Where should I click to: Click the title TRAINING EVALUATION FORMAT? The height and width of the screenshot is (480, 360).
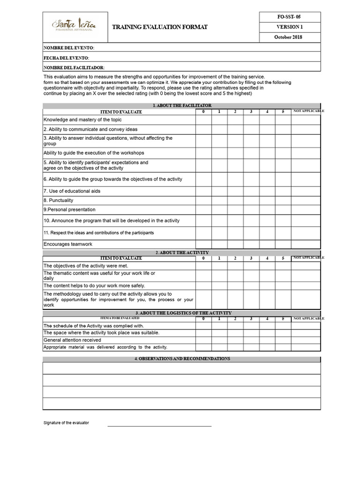pyautogui.click(x=159, y=28)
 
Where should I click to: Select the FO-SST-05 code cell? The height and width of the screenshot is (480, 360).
pyautogui.click(x=289, y=17)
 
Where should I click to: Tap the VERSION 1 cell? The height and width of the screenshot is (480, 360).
pyautogui.click(x=289, y=27)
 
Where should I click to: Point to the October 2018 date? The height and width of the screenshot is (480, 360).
pyautogui.click(x=289, y=37)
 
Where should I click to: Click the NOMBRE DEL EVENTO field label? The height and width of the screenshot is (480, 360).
pyautogui.click(x=69, y=48)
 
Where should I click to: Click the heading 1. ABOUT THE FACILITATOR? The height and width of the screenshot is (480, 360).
pyautogui.click(x=182, y=105)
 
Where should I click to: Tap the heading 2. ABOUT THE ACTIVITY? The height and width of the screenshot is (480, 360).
pyautogui.click(x=182, y=253)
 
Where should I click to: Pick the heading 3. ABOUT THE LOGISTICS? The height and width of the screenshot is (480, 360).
pyautogui.click(x=182, y=313)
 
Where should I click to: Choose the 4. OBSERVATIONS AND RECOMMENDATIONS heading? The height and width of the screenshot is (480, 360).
pyautogui.click(x=182, y=359)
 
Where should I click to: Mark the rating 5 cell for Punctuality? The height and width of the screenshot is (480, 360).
pyautogui.click(x=283, y=200)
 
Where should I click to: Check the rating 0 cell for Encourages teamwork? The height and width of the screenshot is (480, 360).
pyautogui.click(x=203, y=244)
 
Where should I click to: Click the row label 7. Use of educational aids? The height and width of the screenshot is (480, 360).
pyautogui.click(x=72, y=191)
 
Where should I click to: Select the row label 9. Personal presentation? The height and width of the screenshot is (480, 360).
pyautogui.click(x=69, y=210)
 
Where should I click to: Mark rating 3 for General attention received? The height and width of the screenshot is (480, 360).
pyautogui.click(x=251, y=340)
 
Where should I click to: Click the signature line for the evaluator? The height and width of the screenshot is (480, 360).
pyautogui.click(x=159, y=426)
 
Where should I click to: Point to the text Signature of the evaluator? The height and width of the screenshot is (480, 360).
pyautogui.click(x=66, y=423)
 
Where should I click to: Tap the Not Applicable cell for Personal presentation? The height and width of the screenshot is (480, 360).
pyautogui.click(x=306, y=210)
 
